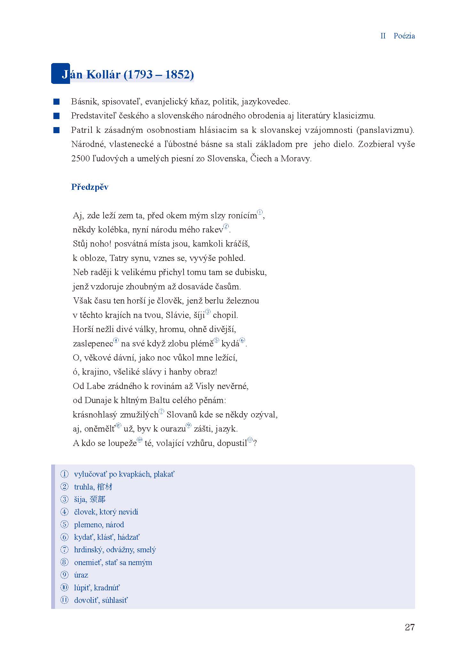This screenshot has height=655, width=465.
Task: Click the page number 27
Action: tap(409, 627)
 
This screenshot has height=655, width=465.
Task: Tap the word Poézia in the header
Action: tap(404, 36)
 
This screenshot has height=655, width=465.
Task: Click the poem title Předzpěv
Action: tap(90, 187)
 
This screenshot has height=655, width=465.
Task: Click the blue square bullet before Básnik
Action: tap(57, 102)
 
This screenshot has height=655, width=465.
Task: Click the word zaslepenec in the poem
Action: tap(93, 344)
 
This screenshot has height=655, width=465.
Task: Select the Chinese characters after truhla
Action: tap(104, 487)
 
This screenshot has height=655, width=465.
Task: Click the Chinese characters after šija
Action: tap(98, 499)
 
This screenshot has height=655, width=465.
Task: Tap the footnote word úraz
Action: tap(81, 575)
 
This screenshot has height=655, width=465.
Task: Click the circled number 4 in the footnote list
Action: tap(65, 512)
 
